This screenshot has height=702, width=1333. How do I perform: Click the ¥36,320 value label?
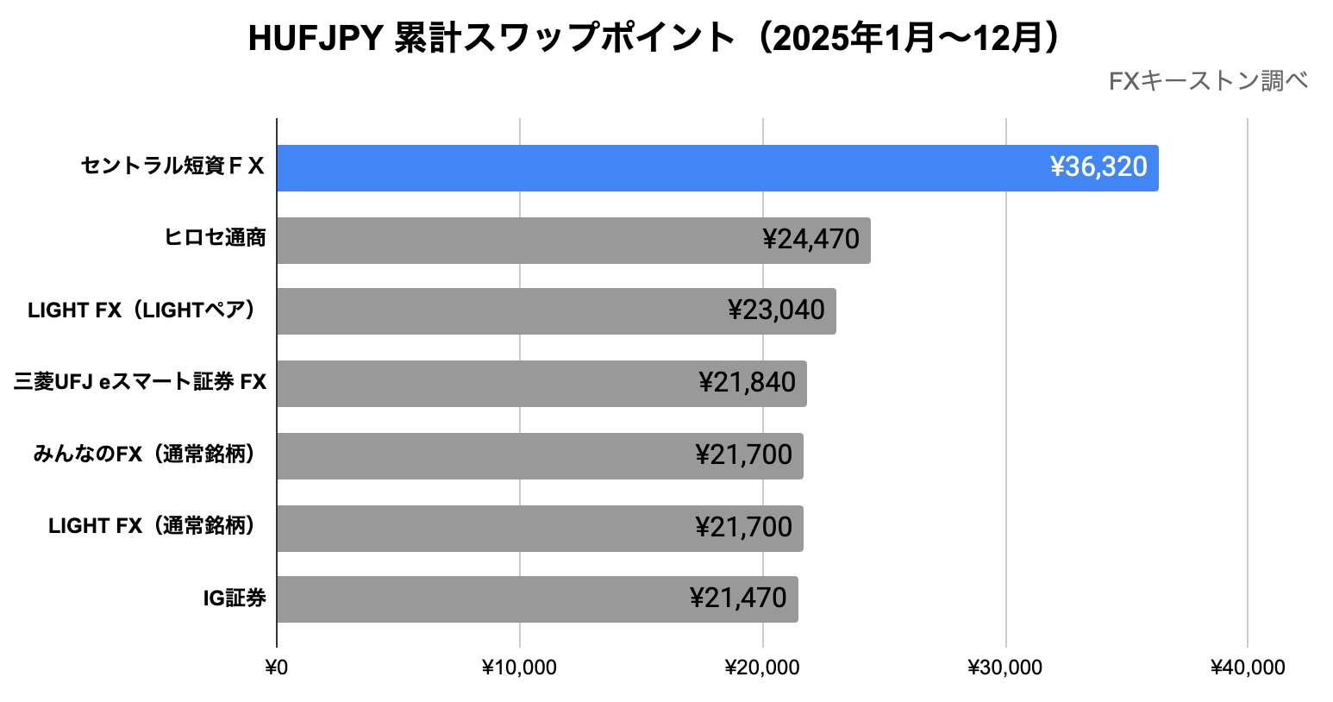coord(1098,167)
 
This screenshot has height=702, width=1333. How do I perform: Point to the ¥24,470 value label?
coord(810,240)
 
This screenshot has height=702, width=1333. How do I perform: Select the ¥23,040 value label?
coord(776,310)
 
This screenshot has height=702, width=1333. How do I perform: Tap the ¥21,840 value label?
coord(747,383)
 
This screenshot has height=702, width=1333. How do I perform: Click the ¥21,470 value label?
coord(738,599)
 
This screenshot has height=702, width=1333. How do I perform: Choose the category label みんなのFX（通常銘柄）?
coord(145,454)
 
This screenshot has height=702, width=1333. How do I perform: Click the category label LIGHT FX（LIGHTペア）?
coord(142,310)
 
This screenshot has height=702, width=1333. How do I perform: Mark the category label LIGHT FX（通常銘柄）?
coord(153,526)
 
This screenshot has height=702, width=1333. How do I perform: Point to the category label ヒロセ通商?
coord(215,238)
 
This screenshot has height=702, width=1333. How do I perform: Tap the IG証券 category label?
coord(235,599)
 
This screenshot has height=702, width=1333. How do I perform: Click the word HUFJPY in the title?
coord(316,39)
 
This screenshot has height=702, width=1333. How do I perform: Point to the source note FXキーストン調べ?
coord(1208,82)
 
